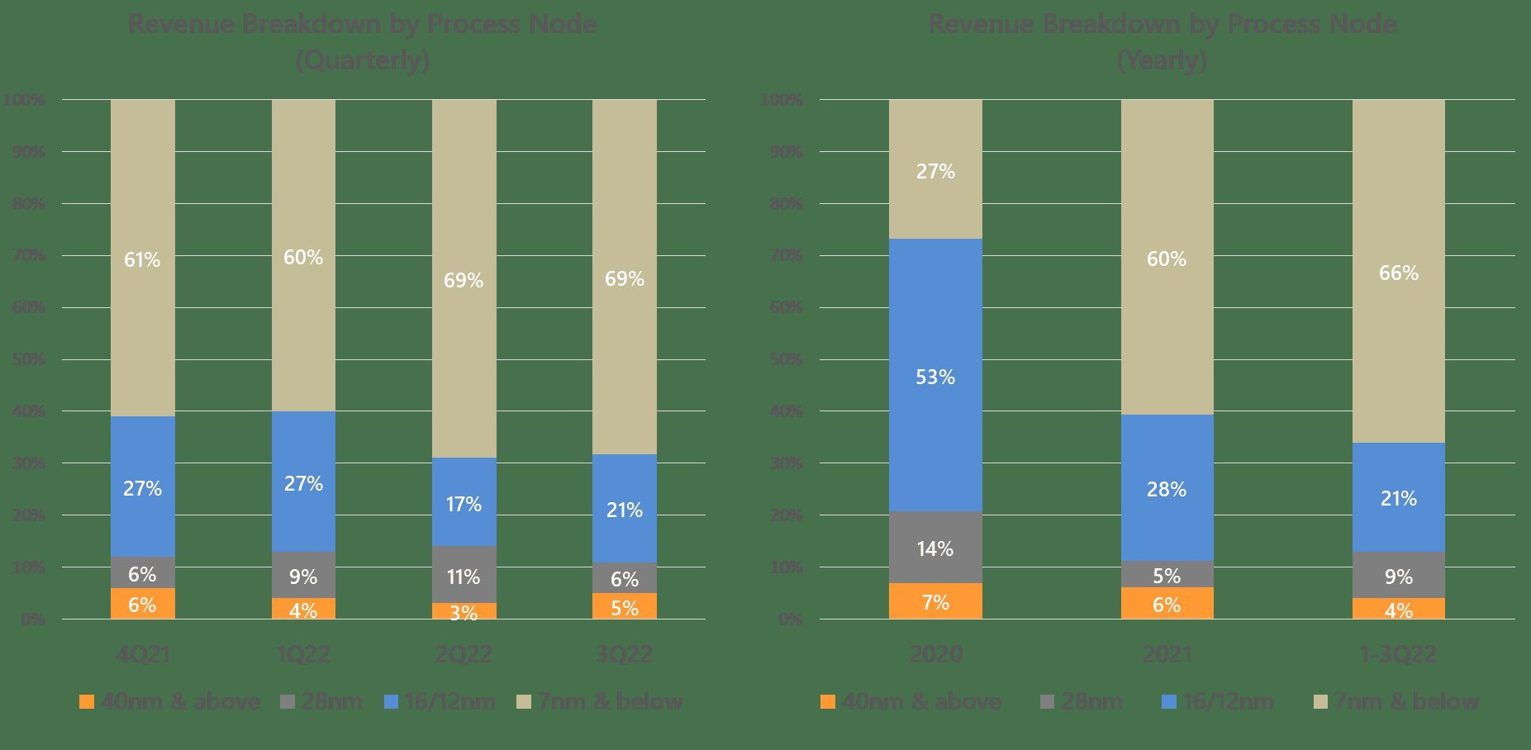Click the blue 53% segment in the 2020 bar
click(x=935, y=376)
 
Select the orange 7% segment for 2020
click(x=935, y=601)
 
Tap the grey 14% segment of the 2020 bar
click(x=935, y=548)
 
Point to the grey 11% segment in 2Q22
click(x=464, y=575)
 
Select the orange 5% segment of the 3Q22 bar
click(x=625, y=606)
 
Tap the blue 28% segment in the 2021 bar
click(x=1167, y=488)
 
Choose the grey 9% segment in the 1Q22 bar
click(x=303, y=575)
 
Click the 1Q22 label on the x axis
click(x=303, y=655)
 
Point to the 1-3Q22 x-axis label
click(x=1398, y=655)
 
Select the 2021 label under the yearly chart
click(x=1167, y=655)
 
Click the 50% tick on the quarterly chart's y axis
click(x=29, y=359)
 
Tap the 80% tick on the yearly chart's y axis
click(x=787, y=203)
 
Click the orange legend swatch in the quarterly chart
click(x=86, y=702)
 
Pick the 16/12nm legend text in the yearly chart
click(x=1228, y=702)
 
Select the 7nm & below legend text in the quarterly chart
click(x=610, y=702)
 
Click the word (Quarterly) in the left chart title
click(x=363, y=60)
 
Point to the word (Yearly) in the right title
click(x=1162, y=60)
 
